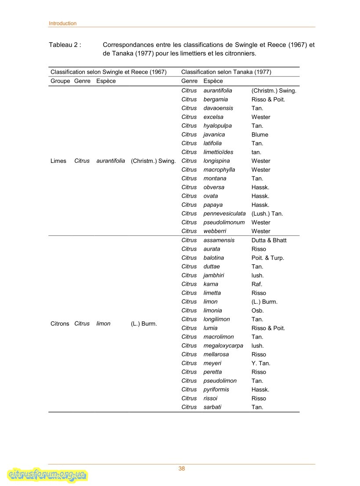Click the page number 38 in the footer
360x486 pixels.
pyautogui.click(x=182, y=468)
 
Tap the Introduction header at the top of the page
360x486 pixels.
pyautogui.click(x=62, y=23)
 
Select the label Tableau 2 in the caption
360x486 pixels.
pyautogui.click(x=65, y=45)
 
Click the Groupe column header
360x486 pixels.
pyautogui.click(x=60, y=81)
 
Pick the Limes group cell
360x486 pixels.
pyautogui.click(x=58, y=161)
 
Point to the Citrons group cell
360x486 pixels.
pyautogui.click(x=60, y=324)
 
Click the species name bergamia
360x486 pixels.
pyautogui.click(x=216, y=99)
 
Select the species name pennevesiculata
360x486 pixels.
pyautogui.click(x=224, y=213)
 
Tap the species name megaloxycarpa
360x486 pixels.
pyautogui.click(x=223, y=346)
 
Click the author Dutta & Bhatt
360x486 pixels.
pyautogui.click(x=269, y=240)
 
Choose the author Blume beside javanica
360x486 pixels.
pyautogui.click(x=259, y=134)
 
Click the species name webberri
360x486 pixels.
pyautogui.click(x=215, y=231)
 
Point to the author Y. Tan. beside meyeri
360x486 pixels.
pyautogui.click(x=261, y=363)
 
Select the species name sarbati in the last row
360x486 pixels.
pyautogui.click(x=212, y=407)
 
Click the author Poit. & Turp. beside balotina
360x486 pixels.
pyautogui.click(x=267, y=258)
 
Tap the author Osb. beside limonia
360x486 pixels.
pyautogui.click(x=257, y=310)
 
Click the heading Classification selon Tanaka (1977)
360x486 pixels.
pyautogui.click(x=226, y=72)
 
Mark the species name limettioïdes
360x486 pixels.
pyautogui.click(x=219, y=152)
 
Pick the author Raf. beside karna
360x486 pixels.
pyautogui.click(x=256, y=284)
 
